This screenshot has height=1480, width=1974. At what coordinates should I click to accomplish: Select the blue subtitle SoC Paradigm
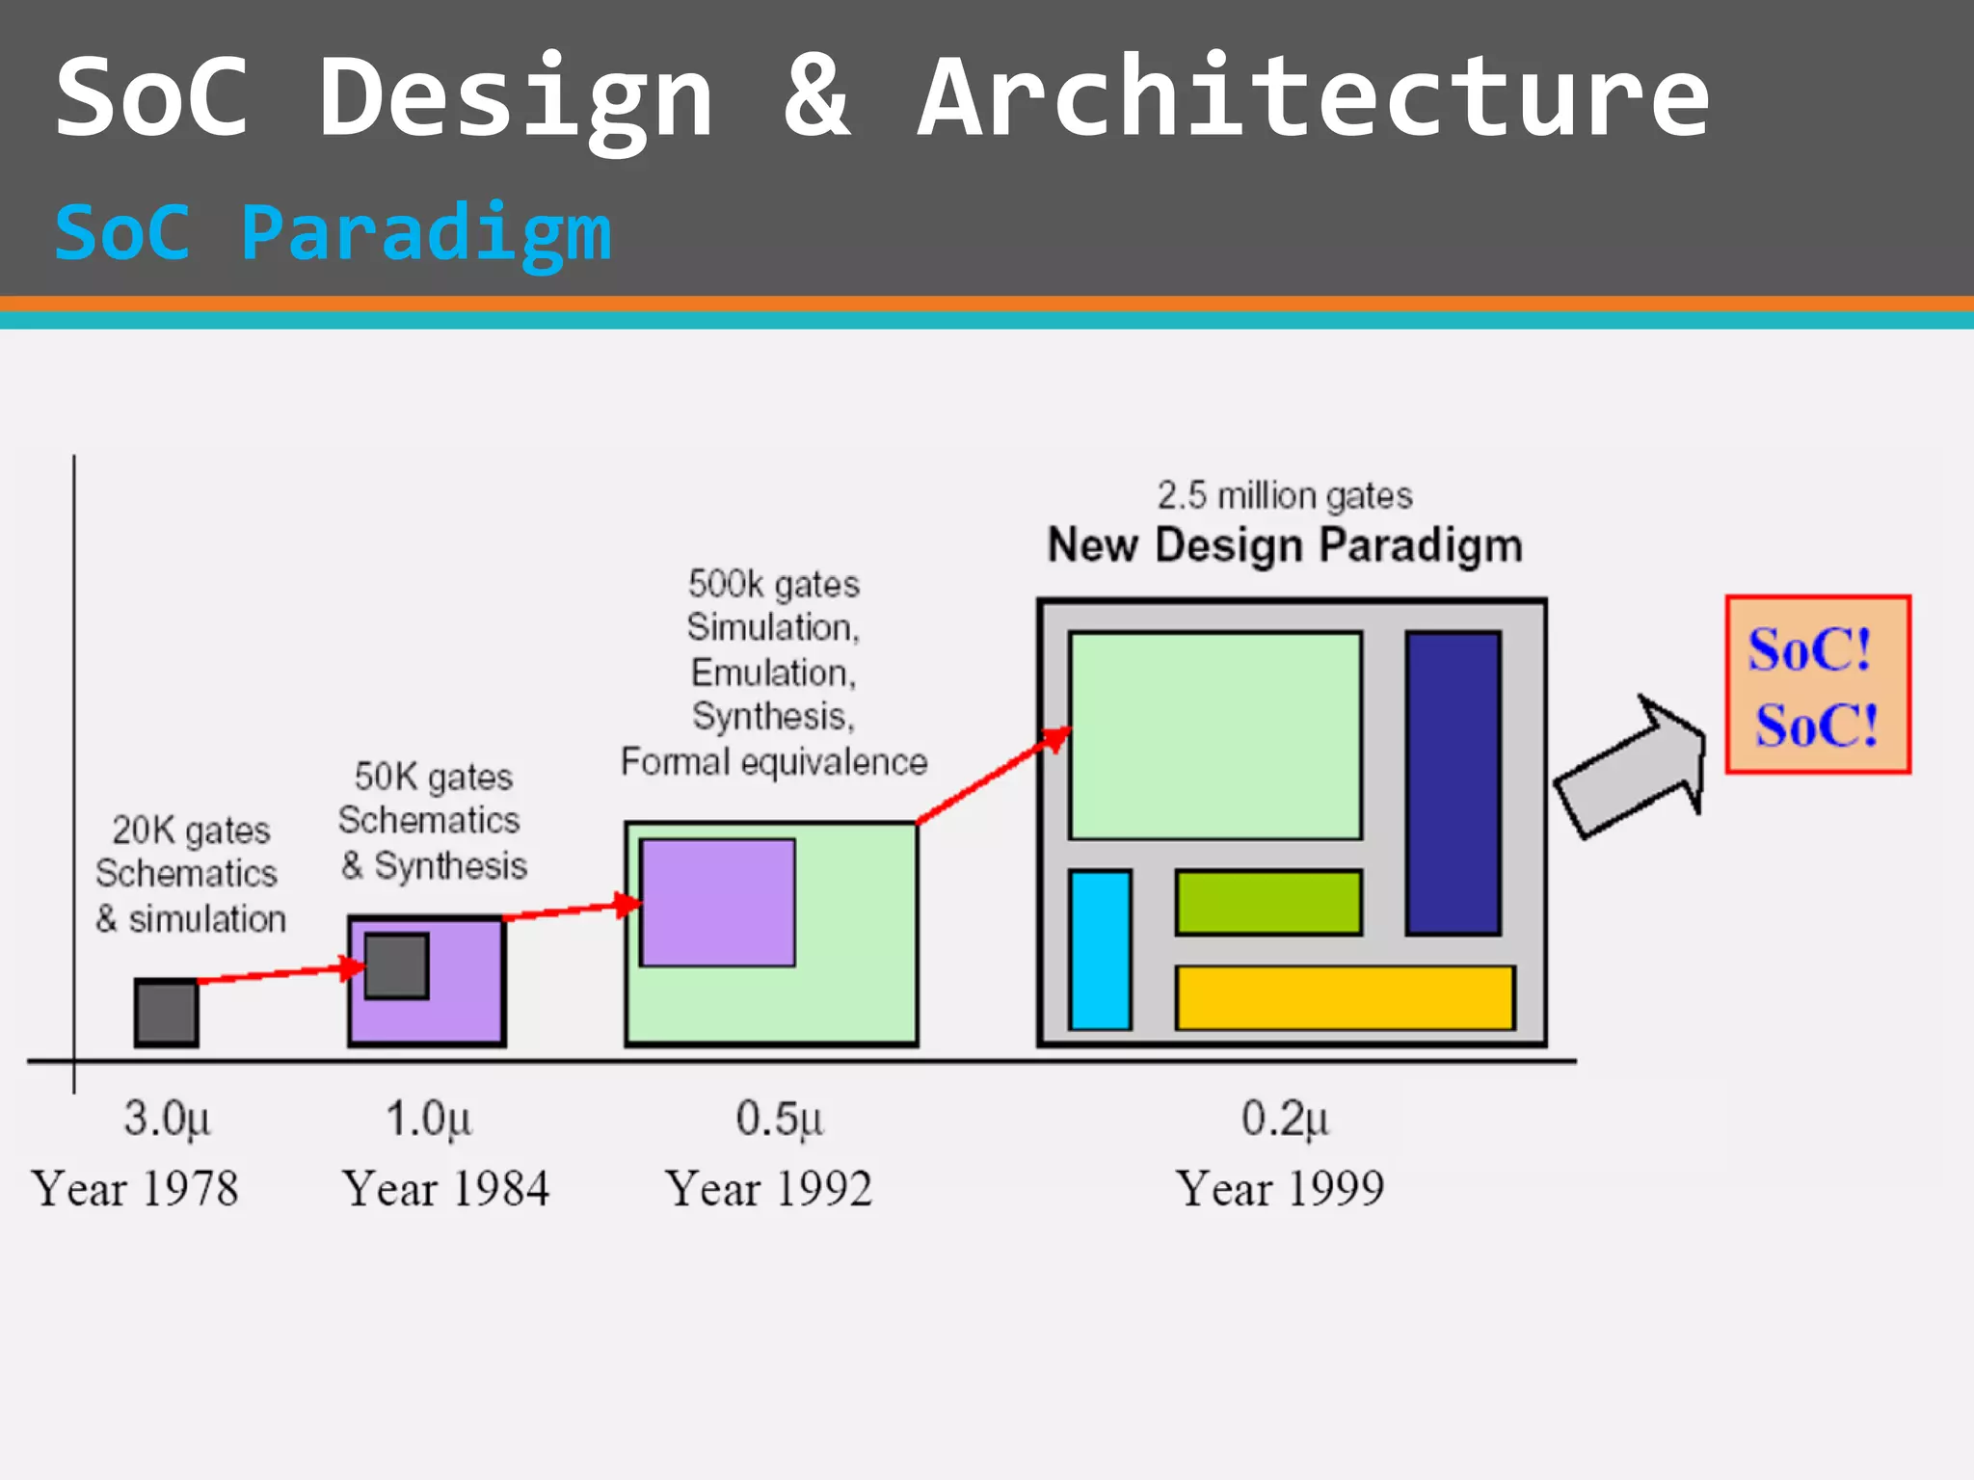[333, 234]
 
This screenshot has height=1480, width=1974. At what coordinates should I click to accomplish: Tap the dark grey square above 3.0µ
[167, 1013]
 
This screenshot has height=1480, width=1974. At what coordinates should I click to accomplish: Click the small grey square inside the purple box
[396, 965]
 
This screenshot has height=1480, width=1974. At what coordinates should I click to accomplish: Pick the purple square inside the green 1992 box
[717, 902]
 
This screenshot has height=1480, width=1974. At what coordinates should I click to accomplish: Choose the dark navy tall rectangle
[1453, 782]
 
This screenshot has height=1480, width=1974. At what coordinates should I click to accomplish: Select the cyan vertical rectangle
[1100, 950]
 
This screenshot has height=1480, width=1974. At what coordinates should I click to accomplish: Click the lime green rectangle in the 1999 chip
[1268, 902]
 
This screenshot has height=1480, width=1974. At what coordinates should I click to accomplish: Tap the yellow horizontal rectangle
[1345, 997]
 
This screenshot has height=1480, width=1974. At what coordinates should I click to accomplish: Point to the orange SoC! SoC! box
[1818, 684]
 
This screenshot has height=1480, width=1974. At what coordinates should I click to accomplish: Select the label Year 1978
[135, 1189]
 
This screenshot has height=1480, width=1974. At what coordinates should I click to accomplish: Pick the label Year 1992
[769, 1189]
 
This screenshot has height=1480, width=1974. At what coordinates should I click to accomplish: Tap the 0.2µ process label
[1284, 1120]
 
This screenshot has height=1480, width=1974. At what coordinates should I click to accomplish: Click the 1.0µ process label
[428, 1120]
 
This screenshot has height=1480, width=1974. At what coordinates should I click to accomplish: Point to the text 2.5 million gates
[1284, 495]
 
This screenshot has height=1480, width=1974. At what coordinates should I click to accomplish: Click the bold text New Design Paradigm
[1284, 545]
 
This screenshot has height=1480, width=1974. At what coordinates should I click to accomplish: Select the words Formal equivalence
[773, 762]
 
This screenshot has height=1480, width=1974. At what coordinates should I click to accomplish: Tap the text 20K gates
[191, 830]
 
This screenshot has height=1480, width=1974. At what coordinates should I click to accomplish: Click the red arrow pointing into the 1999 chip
[993, 777]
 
